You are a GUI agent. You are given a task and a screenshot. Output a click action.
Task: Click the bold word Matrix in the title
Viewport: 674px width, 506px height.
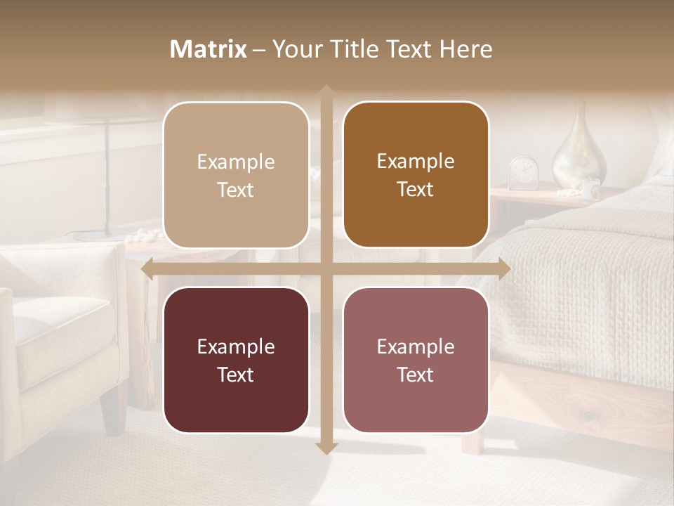(208, 49)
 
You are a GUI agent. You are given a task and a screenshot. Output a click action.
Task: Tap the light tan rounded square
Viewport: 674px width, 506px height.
(236, 175)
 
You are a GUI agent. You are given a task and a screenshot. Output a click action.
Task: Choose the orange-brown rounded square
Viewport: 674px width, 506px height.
(416, 175)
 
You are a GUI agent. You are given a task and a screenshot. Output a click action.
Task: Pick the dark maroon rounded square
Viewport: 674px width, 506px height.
(236, 360)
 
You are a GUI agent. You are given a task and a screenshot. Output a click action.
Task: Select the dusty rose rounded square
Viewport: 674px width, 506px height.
(416, 360)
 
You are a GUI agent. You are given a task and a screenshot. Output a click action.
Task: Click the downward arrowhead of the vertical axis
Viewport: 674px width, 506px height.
(326, 448)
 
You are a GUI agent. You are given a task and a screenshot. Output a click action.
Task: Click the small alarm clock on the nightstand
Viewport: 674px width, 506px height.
(523, 173)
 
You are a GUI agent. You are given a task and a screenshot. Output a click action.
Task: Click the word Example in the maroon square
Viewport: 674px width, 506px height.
(236, 346)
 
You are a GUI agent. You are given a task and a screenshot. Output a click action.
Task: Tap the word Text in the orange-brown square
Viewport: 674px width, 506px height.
(416, 190)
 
